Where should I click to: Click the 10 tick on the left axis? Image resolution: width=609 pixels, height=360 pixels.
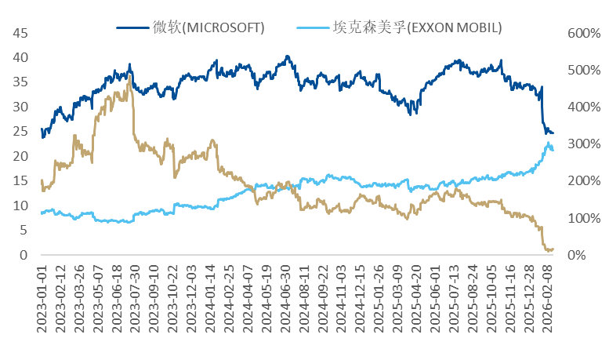click(20, 205)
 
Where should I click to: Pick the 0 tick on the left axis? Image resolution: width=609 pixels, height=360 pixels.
click(24, 255)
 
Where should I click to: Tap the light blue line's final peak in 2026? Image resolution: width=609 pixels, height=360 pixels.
click(547, 143)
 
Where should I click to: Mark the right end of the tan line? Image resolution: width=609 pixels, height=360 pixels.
click(553, 249)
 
